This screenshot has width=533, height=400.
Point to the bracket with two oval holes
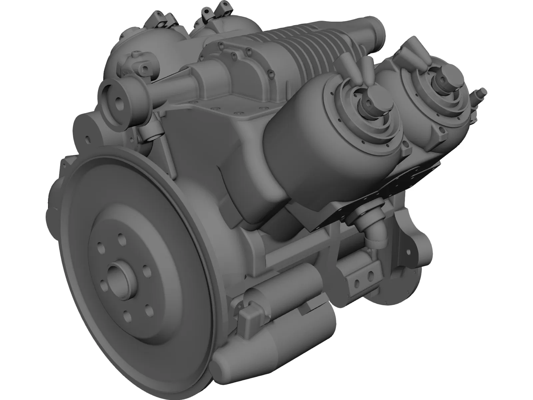363,282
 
